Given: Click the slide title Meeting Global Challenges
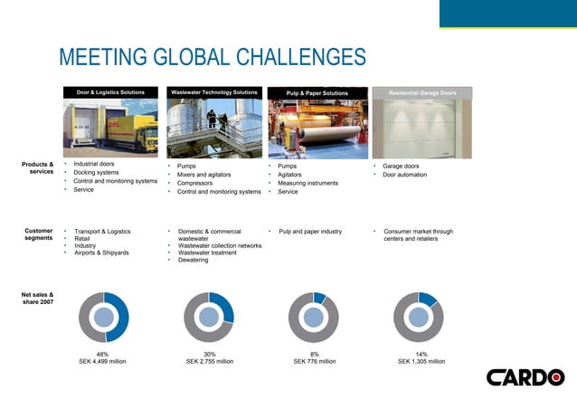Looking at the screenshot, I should click(x=212, y=57).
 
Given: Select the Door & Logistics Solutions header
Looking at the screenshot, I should click(x=110, y=92).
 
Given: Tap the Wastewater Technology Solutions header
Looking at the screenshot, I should click(x=213, y=92).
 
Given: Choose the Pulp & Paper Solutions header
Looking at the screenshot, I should click(x=317, y=92).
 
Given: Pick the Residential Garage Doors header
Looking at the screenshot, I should click(x=422, y=92).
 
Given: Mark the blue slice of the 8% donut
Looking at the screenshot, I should click(x=319, y=298).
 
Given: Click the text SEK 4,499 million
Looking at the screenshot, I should click(x=102, y=361).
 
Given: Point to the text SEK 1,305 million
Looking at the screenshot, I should click(x=421, y=361).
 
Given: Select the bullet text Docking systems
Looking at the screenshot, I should click(x=96, y=172).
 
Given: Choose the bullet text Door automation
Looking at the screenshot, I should click(x=406, y=175).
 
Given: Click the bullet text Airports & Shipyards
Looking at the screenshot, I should click(x=101, y=252).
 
